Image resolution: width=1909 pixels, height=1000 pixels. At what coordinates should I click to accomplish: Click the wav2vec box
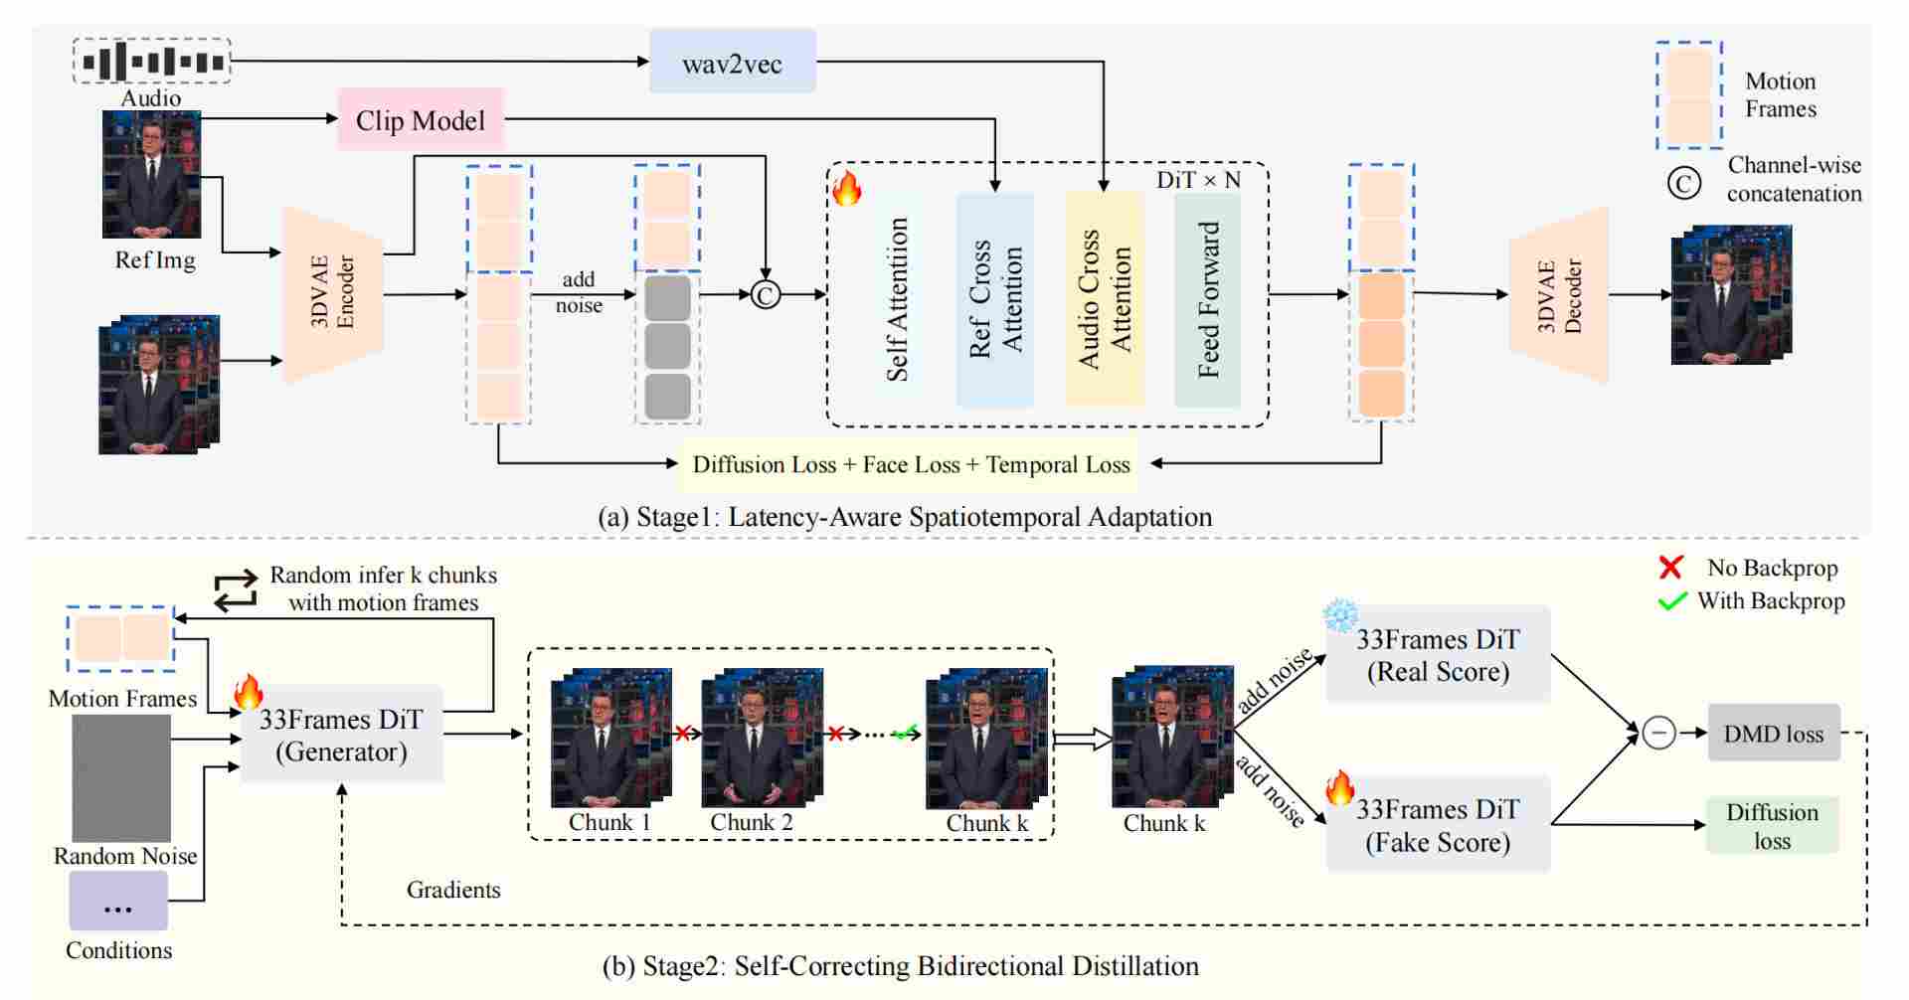click(x=732, y=62)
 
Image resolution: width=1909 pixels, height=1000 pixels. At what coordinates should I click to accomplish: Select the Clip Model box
click(x=421, y=119)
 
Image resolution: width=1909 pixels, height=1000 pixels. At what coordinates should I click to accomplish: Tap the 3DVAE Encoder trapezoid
click(x=333, y=294)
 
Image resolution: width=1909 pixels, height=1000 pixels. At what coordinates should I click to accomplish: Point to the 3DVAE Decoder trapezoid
click(x=1558, y=295)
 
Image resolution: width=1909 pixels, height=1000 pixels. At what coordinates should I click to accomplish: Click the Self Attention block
click(x=897, y=299)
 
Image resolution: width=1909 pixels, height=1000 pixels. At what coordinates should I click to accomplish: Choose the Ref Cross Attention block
click(x=995, y=299)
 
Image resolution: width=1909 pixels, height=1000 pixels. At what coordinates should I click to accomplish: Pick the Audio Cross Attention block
click(x=1105, y=299)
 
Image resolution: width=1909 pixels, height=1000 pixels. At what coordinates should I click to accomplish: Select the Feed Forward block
click(x=1207, y=299)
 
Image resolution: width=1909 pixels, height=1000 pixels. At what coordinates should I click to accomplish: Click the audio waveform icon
click(x=152, y=62)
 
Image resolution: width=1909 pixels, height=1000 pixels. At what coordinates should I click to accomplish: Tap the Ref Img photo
click(x=151, y=174)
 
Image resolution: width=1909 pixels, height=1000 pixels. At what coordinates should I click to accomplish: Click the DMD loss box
click(x=1773, y=734)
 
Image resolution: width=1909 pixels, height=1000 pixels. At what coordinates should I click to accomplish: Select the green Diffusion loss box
click(x=1772, y=825)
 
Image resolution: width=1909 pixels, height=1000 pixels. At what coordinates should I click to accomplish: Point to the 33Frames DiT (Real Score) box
click(x=1438, y=654)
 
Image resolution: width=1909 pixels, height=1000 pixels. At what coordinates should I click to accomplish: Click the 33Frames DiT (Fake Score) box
click(x=1438, y=825)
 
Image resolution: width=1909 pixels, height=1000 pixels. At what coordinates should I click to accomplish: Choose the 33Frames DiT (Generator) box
click(x=341, y=735)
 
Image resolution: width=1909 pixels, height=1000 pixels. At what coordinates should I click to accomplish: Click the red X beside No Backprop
click(x=1670, y=568)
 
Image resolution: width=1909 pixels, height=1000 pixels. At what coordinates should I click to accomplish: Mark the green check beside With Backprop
click(x=1672, y=600)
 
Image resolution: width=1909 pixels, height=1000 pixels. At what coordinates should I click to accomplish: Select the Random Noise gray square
click(x=121, y=778)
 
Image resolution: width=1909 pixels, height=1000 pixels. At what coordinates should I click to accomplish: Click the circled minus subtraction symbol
click(x=1658, y=734)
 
